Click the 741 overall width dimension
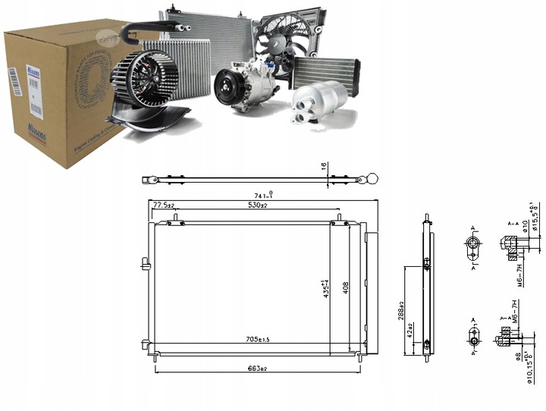coord(262,196)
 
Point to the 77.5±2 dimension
coord(164,206)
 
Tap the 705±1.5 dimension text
coord(259,339)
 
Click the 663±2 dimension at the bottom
coord(259,368)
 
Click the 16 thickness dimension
coord(324,165)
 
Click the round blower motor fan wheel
coord(144,79)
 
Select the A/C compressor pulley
coord(225,86)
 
